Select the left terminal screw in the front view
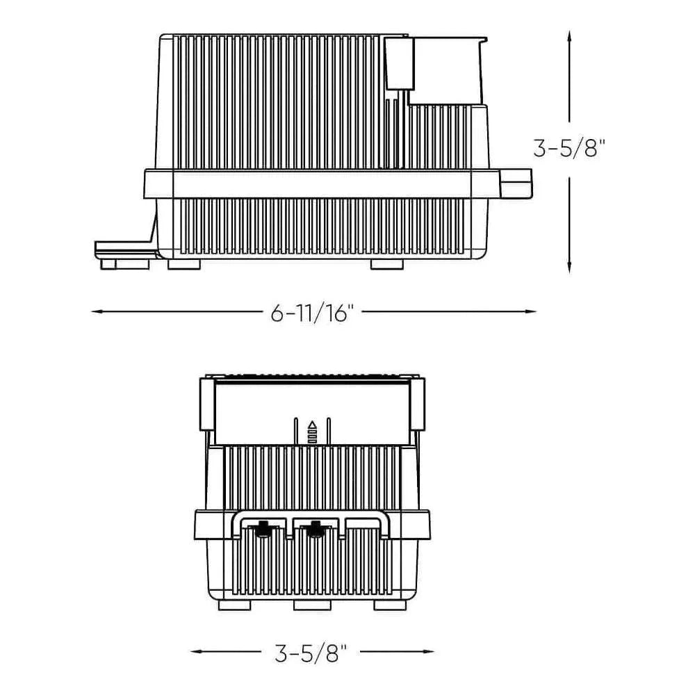pos(264,528)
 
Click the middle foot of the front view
pos(312,605)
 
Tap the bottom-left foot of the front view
pos(234,605)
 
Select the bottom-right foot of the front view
pos(390,605)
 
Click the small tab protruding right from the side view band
pos(516,182)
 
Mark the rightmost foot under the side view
pos(386,264)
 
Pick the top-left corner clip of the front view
pos(206,403)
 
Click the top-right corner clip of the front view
pos(418,403)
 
